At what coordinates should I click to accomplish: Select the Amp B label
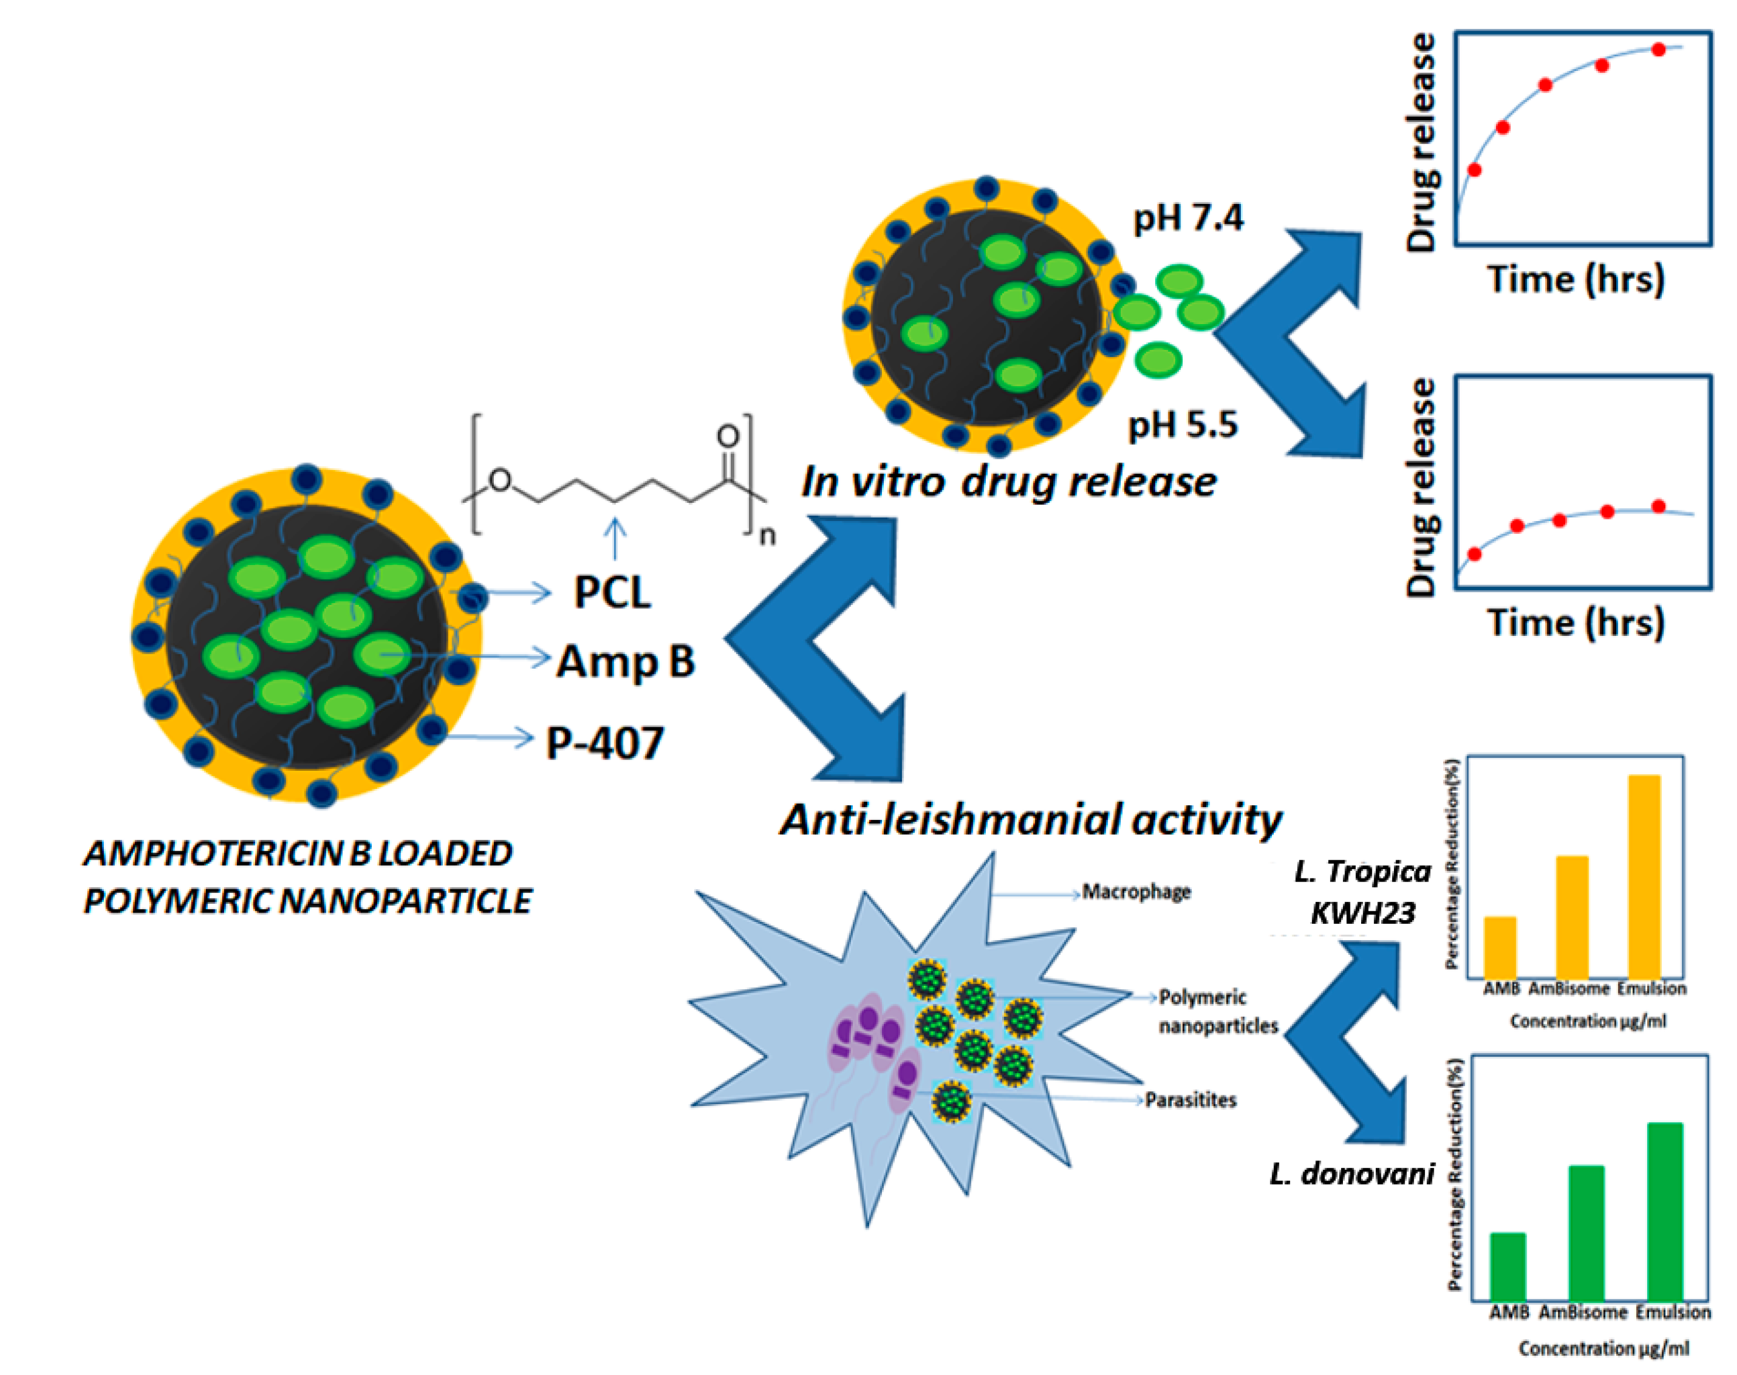click(625, 662)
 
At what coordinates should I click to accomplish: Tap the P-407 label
click(605, 742)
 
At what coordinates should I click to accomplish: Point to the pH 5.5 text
click(1182, 425)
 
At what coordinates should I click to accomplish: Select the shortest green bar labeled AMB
click(1508, 1267)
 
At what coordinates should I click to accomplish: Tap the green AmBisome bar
click(1586, 1233)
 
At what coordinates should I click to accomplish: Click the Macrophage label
click(1135, 892)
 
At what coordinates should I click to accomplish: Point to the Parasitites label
click(1190, 1100)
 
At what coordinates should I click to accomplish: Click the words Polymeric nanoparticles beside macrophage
click(1217, 1011)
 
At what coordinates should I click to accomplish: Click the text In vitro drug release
click(1008, 481)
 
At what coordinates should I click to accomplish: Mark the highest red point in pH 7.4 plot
click(1658, 50)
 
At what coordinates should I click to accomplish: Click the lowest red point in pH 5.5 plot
click(1474, 554)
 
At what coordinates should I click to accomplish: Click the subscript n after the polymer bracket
click(768, 535)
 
